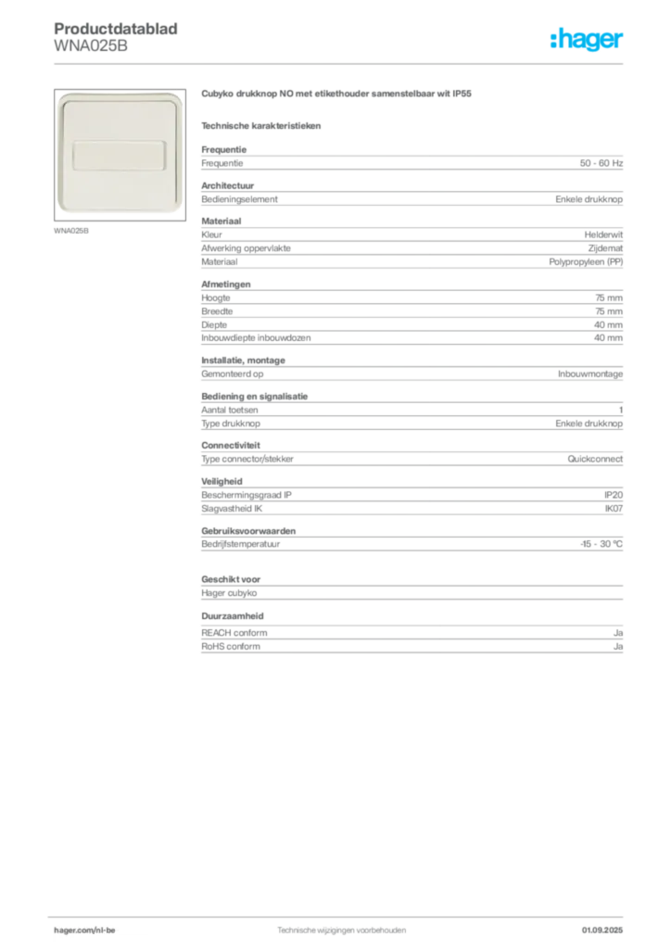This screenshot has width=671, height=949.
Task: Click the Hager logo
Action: pos(586,39)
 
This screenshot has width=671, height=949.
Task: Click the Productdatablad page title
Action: pos(116,29)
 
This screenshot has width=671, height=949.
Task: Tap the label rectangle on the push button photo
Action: pos(120,155)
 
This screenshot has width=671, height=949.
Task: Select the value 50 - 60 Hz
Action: pos(601,163)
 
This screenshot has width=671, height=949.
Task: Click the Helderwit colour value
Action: pos(603,234)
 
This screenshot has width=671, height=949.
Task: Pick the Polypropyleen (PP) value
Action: pos(586,262)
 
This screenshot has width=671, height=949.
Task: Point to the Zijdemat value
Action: pos(605,248)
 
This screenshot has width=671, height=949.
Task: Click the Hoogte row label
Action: pos(216,297)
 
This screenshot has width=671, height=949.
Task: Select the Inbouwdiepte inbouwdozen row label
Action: pos(256,337)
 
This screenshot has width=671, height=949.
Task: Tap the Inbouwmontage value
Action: pos(590,374)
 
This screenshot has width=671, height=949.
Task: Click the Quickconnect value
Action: pos(595,459)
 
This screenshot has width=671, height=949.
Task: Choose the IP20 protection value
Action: pos(613,495)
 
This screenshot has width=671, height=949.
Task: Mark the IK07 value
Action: pos(614,509)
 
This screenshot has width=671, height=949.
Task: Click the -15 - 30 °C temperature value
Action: pos(601,544)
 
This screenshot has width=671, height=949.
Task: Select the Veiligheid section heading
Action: pos(222,482)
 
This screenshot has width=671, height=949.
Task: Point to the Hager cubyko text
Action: pos(229,593)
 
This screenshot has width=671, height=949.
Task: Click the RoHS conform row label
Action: pos(231,646)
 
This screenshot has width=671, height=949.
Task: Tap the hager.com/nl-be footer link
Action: pos(84,930)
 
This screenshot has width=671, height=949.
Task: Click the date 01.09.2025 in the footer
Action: pos(602,930)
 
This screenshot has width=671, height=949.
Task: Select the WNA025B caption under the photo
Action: pos(71,231)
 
